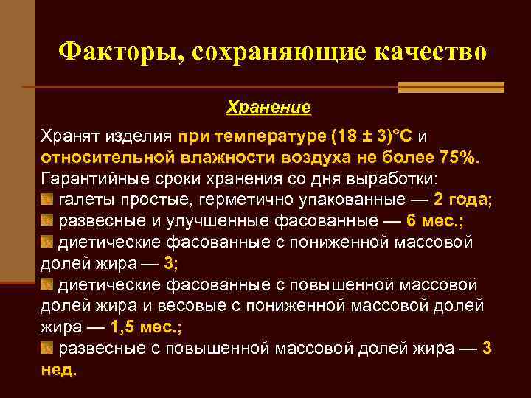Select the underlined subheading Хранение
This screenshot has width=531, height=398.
coord(268,108)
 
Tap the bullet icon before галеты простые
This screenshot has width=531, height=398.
coord(46,200)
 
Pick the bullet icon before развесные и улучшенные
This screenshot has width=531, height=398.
coord(46,221)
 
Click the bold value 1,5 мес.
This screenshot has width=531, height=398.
coord(139,327)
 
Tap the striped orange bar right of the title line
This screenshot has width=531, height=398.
coord(451,87)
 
